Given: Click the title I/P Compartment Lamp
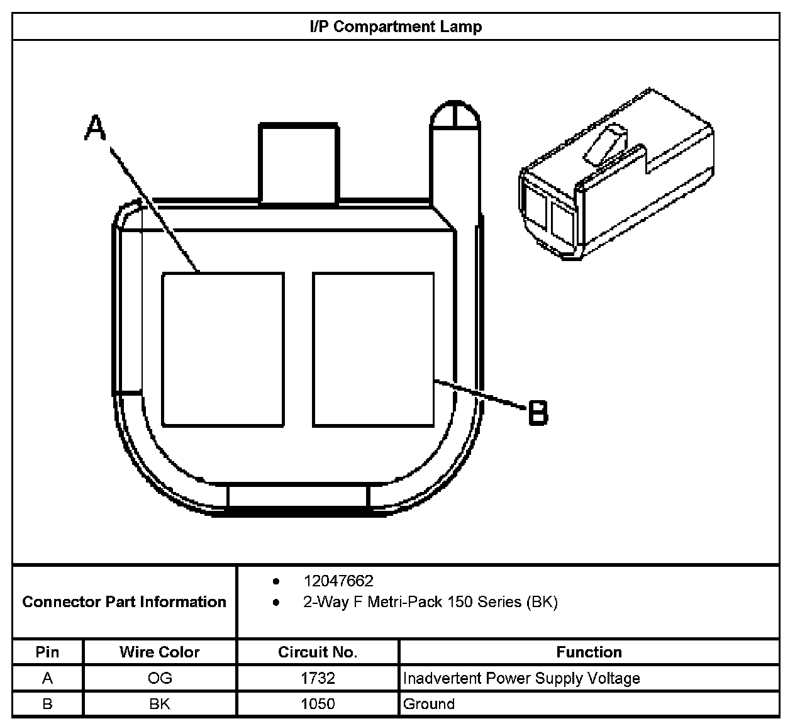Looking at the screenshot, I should pyautogui.click(x=396, y=26).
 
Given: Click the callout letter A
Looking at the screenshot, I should pyautogui.click(x=96, y=128).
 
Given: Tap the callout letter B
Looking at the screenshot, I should pyautogui.click(x=537, y=413).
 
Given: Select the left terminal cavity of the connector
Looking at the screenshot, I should pyautogui.click(x=223, y=349).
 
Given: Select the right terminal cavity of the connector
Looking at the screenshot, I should pyautogui.click(x=373, y=349).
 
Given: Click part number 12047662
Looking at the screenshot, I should pyautogui.click(x=338, y=581).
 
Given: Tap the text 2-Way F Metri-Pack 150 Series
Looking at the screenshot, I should pyautogui.click(x=430, y=602).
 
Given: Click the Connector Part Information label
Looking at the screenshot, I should pyautogui.click(x=124, y=602).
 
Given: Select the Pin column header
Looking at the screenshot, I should pyautogui.click(x=47, y=652).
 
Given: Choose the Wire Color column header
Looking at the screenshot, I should pyautogui.click(x=160, y=652).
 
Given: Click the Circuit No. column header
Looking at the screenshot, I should pyautogui.click(x=318, y=652).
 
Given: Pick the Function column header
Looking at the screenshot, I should pyautogui.click(x=589, y=652).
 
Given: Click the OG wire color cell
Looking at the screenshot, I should pyautogui.click(x=160, y=678).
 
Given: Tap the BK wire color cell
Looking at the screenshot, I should pyautogui.click(x=160, y=703).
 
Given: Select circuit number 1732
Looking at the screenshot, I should pyautogui.click(x=318, y=678).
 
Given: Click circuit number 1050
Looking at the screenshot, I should pyautogui.click(x=318, y=703).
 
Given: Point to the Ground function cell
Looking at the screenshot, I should pyautogui.click(x=429, y=703).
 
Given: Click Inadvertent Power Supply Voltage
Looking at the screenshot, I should pyautogui.click(x=521, y=678).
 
